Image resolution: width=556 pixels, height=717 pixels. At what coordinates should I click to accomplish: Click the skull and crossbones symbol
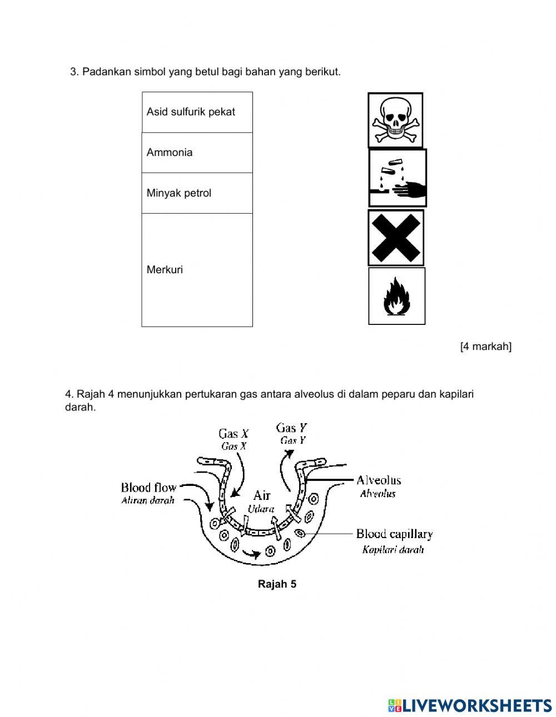(395, 120)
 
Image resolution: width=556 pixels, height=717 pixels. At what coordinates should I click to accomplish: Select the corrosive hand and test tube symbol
(398, 178)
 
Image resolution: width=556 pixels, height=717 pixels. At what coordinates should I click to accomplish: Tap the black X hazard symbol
(396, 238)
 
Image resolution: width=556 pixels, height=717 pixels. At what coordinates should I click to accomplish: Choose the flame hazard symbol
(396, 296)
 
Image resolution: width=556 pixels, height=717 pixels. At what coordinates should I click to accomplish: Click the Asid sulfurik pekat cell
(191, 112)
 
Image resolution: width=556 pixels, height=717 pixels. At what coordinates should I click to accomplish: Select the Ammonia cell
(170, 152)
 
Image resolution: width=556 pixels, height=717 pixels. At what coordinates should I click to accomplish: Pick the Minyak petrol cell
(179, 193)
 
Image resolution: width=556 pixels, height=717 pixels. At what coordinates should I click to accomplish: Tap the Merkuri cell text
(165, 270)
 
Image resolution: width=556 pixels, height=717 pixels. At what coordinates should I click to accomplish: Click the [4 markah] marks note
(485, 347)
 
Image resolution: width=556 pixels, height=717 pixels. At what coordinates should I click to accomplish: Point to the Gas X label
(234, 434)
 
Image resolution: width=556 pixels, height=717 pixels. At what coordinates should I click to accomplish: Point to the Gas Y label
(292, 428)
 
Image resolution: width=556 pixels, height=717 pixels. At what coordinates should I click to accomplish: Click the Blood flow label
(148, 488)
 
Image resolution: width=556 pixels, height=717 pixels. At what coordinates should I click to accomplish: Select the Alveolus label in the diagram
(378, 480)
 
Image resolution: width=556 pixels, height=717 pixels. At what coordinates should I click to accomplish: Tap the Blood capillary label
(394, 534)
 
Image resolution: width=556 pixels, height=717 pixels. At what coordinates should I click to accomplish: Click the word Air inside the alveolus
(261, 495)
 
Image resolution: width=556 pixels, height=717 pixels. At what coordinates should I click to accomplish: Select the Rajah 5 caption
(277, 584)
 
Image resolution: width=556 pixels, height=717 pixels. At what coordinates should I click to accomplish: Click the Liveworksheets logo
(470, 705)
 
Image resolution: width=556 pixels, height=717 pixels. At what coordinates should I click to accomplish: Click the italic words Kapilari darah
(393, 550)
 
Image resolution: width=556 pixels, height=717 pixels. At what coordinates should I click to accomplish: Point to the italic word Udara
(261, 509)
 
